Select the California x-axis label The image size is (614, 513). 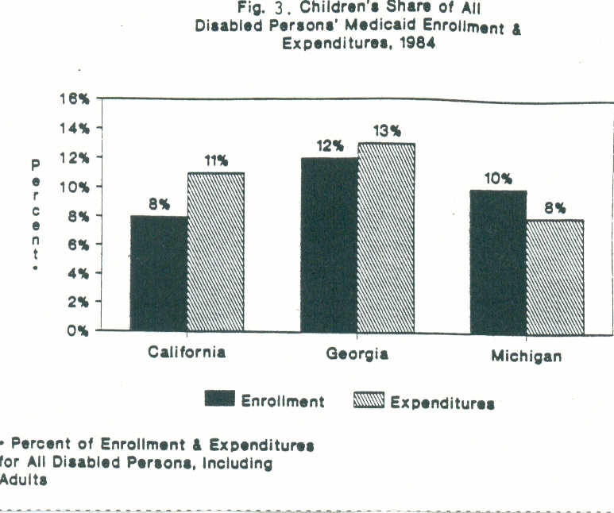pyautogui.click(x=187, y=352)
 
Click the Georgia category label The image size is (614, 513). pyautogui.click(x=357, y=353)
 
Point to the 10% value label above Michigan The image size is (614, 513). pyautogui.click(x=497, y=179)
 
